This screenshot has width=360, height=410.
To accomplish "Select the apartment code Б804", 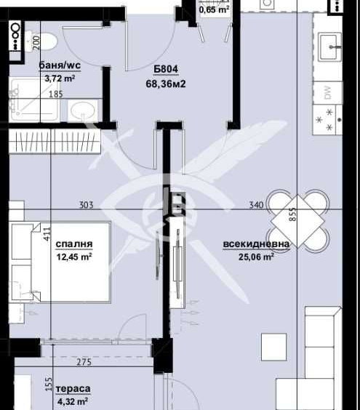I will (x=166, y=71).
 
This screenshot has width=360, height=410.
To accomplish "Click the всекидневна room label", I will (x=257, y=244).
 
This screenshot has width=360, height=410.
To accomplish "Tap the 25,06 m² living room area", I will (x=257, y=257).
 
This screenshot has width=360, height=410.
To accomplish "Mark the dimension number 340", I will (x=255, y=206).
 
